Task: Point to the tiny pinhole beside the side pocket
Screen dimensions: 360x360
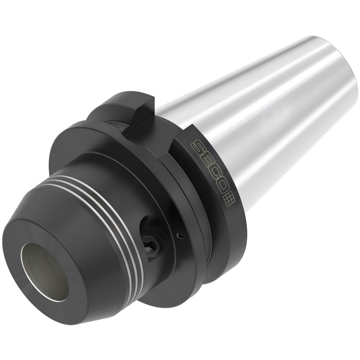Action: pyautogui.click(x=180, y=236)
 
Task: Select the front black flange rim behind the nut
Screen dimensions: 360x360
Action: pyautogui.click(x=90, y=144)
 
